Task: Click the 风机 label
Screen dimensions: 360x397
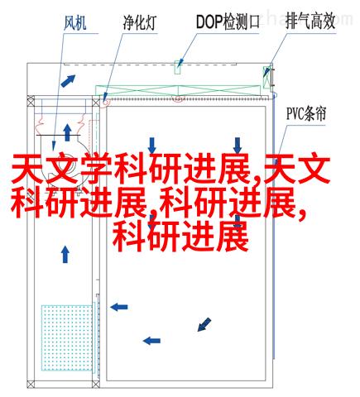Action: (x=75, y=22)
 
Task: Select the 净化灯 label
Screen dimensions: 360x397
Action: (x=140, y=22)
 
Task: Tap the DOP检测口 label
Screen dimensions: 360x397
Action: (x=228, y=22)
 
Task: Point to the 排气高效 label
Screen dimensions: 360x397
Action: (x=310, y=22)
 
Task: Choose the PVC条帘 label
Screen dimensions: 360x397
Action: (x=306, y=113)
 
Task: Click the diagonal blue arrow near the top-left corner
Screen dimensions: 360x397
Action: (x=68, y=81)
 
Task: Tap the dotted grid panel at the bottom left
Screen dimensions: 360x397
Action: (x=67, y=337)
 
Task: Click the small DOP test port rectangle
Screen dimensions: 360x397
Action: (x=178, y=67)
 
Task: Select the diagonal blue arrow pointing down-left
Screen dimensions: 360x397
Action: (x=204, y=324)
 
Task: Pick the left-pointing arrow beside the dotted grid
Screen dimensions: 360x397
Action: (x=119, y=307)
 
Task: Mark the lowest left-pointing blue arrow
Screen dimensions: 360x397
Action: (x=151, y=341)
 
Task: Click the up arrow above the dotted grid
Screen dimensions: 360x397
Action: (x=65, y=254)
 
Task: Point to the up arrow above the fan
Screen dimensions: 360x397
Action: (x=67, y=132)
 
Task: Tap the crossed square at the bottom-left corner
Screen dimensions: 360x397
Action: (x=31, y=385)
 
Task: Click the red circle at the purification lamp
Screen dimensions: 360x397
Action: (x=105, y=102)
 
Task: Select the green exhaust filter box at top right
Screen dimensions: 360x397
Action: (x=267, y=77)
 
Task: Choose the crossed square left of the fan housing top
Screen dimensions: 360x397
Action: (x=31, y=103)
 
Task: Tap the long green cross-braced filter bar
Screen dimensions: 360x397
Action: (x=178, y=91)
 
